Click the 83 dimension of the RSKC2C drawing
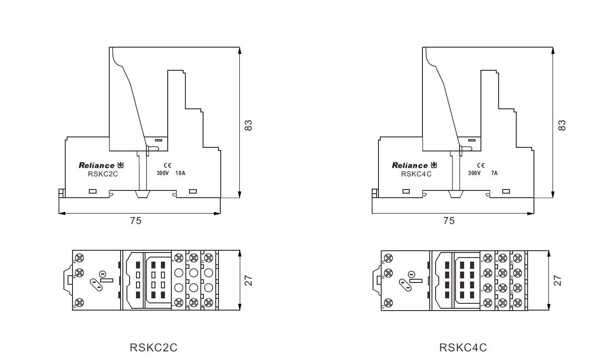248,125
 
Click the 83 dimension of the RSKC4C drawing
562,125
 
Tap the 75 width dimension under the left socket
136,221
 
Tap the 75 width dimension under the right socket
449,221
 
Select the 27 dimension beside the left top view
248,281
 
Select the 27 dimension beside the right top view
558,281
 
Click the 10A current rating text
180,173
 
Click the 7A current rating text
494,173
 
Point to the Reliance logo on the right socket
410,165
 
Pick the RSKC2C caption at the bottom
153,348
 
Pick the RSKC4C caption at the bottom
463,348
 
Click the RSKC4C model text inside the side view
416,174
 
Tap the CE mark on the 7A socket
481,165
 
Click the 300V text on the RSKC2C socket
163,173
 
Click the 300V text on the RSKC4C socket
475,173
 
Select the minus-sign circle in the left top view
102,274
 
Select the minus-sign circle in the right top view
411,274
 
